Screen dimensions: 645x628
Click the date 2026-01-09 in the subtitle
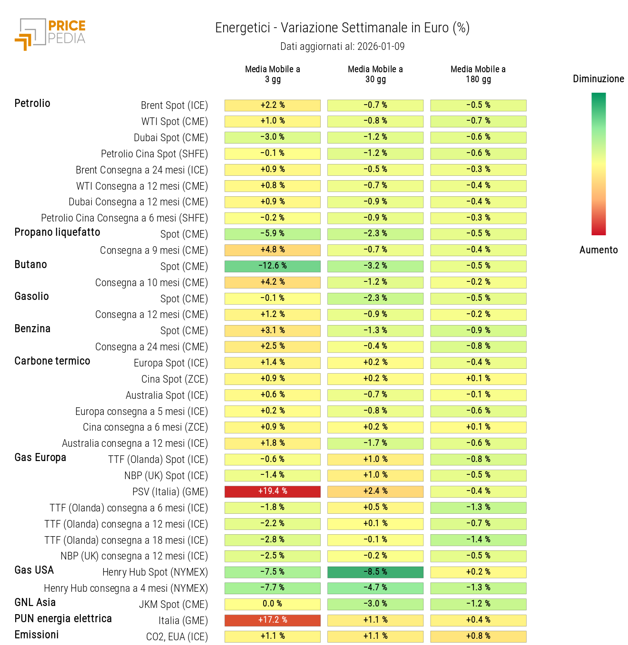point(381,47)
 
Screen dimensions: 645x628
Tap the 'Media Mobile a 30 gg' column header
point(375,74)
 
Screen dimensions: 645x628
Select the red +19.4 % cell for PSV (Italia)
point(273,491)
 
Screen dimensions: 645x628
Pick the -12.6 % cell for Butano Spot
point(273,266)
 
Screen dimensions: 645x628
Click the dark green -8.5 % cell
point(375,572)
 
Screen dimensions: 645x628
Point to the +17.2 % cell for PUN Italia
point(273,620)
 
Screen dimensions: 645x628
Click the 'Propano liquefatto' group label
point(57,232)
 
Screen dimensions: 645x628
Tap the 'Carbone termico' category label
point(52,361)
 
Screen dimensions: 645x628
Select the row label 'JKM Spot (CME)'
point(173,605)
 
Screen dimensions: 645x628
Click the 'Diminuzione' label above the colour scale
point(598,79)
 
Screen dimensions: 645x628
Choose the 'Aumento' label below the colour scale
point(598,250)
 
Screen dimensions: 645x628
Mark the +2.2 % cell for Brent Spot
point(273,105)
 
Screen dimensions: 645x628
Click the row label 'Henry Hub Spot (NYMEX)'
point(155,572)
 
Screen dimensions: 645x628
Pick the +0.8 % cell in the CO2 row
point(478,636)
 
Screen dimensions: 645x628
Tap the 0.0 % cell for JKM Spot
point(273,604)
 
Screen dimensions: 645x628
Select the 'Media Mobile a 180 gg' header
point(478,74)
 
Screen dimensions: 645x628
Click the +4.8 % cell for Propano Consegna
point(273,250)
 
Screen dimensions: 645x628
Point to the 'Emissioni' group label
point(37,635)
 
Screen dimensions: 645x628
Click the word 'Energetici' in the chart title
point(243,28)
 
